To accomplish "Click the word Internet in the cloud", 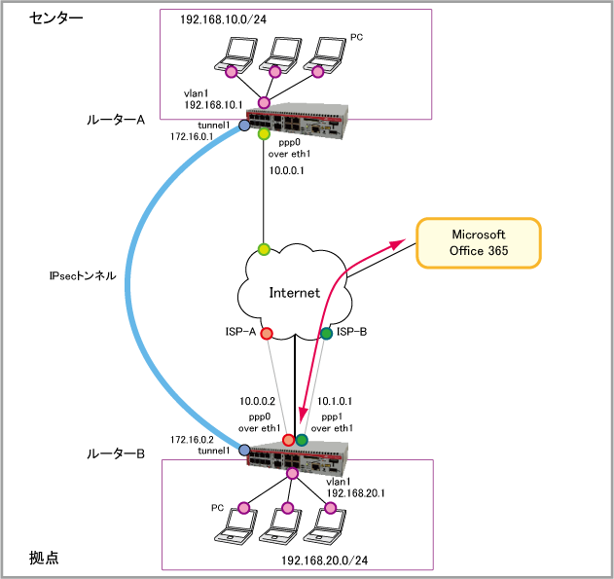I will pyautogui.click(x=294, y=292).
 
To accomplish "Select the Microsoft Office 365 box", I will pyautogui.click(x=478, y=243).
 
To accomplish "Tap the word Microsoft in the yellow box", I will pyautogui.click(x=478, y=235).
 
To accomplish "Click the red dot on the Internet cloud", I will pyautogui.click(x=267, y=334).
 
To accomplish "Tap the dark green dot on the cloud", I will pyautogui.click(x=326, y=334).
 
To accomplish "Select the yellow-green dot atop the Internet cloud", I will pyautogui.click(x=264, y=249).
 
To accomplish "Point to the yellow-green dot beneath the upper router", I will pyautogui.click(x=264, y=134).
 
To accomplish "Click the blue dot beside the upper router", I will pyautogui.click(x=244, y=126).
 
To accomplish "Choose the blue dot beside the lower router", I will pyautogui.click(x=244, y=450).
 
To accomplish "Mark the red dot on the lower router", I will pyautogui.click(x=288, y=440).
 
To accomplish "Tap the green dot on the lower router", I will pyautogui.click(x=302, y=440).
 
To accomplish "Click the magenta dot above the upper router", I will pyautogui.click(x=264, y=102).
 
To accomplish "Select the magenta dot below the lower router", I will pyautogui.click(x=292, y=473).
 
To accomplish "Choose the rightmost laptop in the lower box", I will pyautogui.click(x=325, y=526).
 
